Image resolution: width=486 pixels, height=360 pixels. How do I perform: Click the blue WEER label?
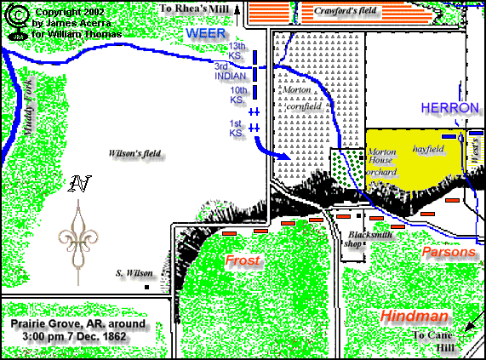tap(204, 32)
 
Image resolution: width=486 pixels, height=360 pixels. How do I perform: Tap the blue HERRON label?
tap(446, 108)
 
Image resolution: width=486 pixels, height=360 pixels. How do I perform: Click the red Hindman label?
tap(415, 316)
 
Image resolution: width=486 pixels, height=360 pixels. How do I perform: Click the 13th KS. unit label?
tap(237, 49)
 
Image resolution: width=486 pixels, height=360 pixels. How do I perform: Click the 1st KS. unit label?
tap(237, 129)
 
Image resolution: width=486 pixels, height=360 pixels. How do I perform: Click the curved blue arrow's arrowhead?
tap(287, 157)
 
